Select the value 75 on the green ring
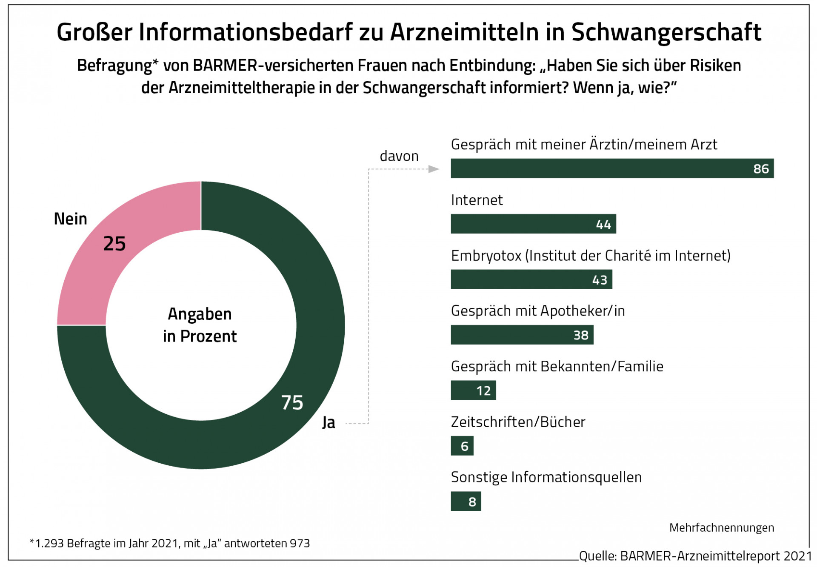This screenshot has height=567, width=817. click(292, 402)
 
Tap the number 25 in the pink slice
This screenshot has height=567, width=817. click(114, 244)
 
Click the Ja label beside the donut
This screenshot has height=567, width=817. click(329, 422)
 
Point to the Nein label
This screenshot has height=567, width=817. click(70, 219)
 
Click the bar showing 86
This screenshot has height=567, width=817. click(612, 168)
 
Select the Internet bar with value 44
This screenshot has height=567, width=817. click(533, 224)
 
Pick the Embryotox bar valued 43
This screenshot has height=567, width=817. click(531, 279)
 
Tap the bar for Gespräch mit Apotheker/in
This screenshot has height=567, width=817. click(522, 335)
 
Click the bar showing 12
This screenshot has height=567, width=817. click(473, 390)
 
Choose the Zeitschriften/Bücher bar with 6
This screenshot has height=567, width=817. click(462, 446)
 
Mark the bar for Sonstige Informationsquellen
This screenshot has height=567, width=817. click(466, 501)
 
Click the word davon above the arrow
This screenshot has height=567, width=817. click(399, 156)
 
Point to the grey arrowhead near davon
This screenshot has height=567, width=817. click(434, 169)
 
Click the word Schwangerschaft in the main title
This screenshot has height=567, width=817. click(666, 32)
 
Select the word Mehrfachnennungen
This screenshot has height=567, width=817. click(721, 528)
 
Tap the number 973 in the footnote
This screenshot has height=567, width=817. click(300, 544)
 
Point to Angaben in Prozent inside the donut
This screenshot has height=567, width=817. click(200, 325)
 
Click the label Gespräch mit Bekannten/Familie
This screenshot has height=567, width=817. click(557, 366)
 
